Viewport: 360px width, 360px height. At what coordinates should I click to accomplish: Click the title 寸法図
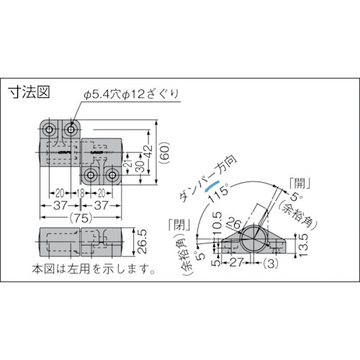tap(29, 91)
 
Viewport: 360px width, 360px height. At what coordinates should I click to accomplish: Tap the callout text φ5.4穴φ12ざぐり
tap(131, 94)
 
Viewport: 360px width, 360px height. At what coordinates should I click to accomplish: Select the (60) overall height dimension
tap(165, 153)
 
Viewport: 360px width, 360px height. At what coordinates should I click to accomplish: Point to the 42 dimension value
tap(148, 151)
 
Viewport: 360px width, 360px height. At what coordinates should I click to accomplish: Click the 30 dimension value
tap(141, 166)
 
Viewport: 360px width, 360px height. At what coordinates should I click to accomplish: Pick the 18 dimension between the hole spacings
tap(81, 193)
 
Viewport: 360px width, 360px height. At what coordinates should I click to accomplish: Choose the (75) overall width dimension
tap(81, 218)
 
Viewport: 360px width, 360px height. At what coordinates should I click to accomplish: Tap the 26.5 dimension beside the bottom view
tap(143, 241)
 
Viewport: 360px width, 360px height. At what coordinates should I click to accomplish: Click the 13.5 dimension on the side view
tap(303, 246)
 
